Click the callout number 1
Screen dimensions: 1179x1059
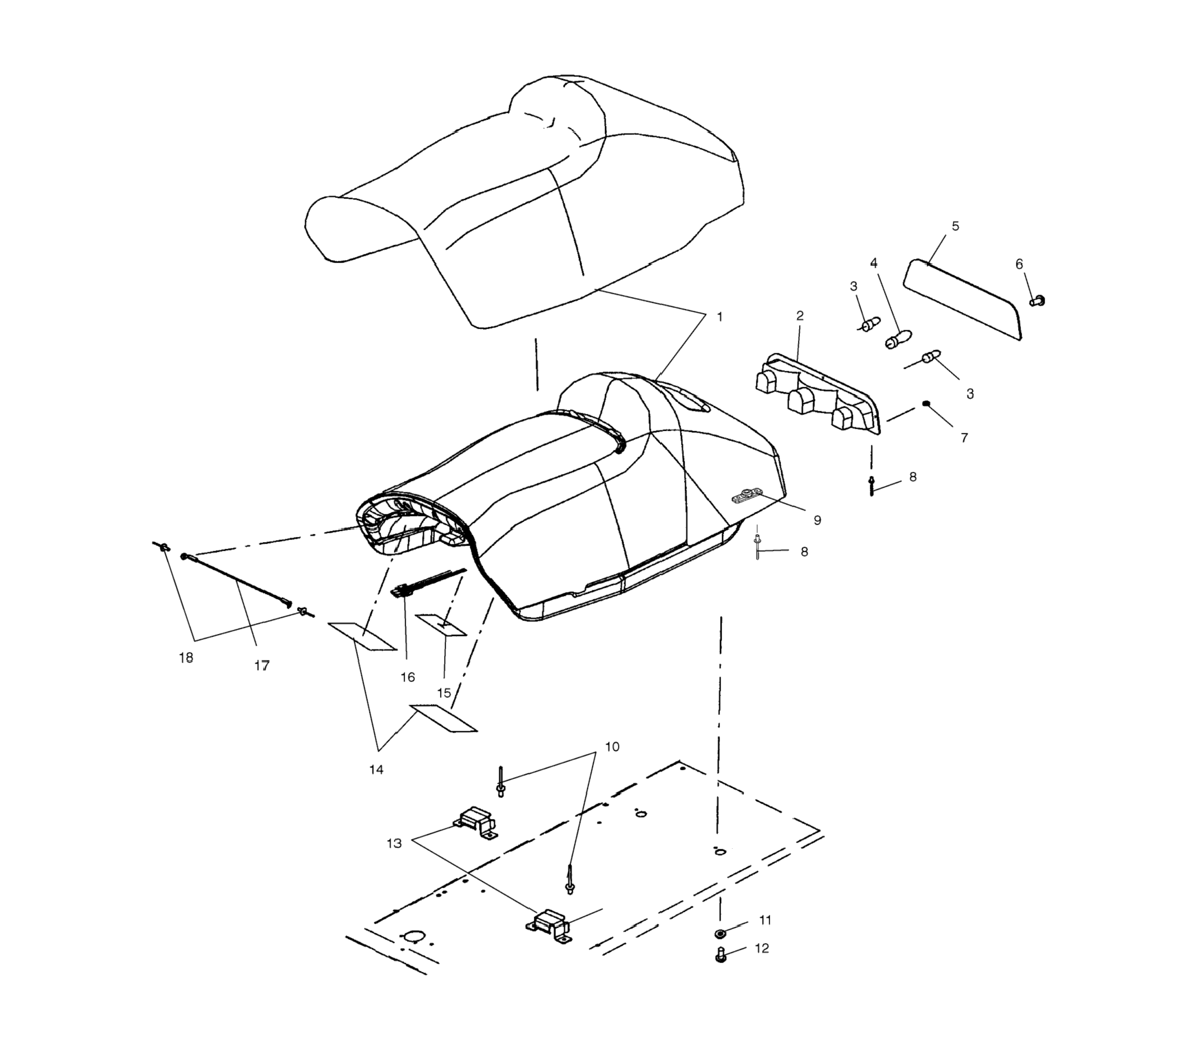(x=720, y=317)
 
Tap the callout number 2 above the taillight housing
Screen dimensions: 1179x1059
(x=800, y=315)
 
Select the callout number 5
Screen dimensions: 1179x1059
(x=955, y=226)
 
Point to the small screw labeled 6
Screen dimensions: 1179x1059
(x=1037, y=300)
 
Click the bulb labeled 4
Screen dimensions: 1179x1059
(x=898, y=339)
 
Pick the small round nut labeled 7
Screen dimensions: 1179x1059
(x=926, y=403)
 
